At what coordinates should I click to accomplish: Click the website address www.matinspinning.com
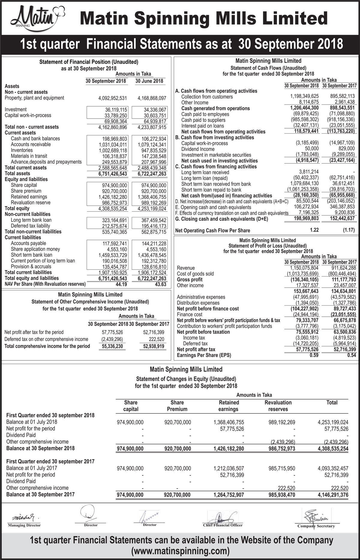[x=180, y=551]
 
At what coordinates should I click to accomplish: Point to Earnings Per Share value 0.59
[x=314, y=355]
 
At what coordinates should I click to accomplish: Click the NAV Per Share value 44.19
[x=121, y=284]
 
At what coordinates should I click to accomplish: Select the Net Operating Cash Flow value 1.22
[x=314, y=230]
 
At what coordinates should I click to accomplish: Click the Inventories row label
[x=22, y=150]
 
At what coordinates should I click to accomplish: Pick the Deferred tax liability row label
[x=30, y=226]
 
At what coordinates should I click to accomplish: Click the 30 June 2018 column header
[x=149, y=81]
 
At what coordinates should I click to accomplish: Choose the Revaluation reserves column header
[x=278, y=406]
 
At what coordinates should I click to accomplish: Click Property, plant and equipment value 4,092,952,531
[x=112, y=98]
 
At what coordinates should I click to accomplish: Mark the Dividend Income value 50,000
[x=312, y=149]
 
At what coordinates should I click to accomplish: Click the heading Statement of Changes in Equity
[x=186, y=379]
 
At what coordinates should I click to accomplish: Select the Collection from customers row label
[x=207, y=97]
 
